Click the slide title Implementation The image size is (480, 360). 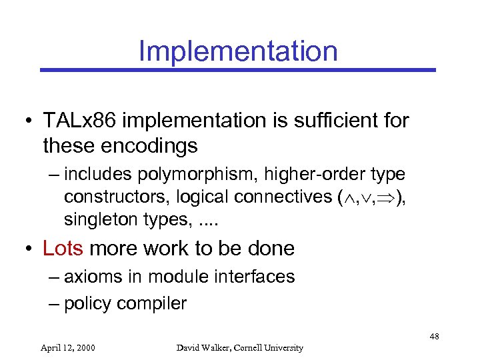point(238,51)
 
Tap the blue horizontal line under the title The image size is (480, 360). point(238,69)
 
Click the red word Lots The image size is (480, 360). point(63,248)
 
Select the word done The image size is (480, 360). point(271,248)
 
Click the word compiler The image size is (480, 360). point(152,303)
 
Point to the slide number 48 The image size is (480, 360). point(434,337)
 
